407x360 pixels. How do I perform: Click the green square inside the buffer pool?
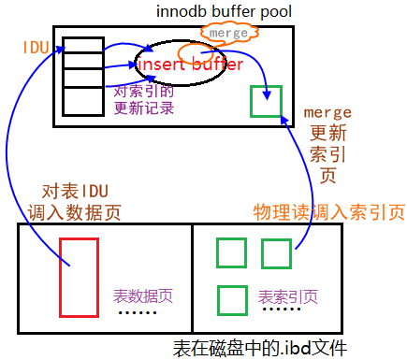tap(266, 100)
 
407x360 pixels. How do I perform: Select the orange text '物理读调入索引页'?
tap(328, 212)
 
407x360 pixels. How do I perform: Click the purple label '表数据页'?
tap(142, 294)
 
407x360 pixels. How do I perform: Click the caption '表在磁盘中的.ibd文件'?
tap(260, 348)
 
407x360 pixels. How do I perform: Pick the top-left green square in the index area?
tap(231, 252)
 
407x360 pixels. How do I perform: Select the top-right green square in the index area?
tap(277, 252)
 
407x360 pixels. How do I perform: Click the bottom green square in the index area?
tap(231, 299)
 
